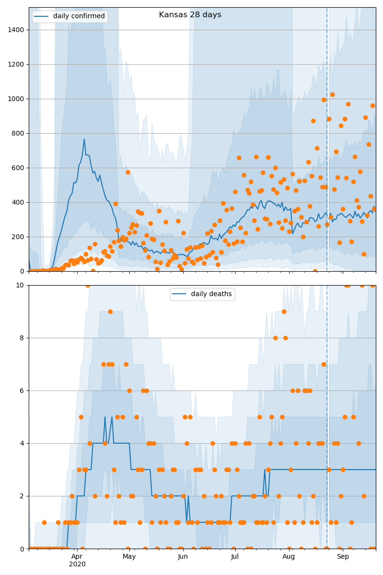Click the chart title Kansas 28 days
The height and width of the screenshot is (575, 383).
[x=190, y=15]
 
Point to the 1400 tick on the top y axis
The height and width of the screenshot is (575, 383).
[x=18, y=30]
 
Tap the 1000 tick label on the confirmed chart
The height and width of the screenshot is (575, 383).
[x=18, y=99]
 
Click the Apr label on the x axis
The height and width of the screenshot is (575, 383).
[x=77, y=557]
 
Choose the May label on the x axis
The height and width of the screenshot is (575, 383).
[x=129, y=557]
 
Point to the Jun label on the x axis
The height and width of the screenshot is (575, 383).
[x=183, y=557]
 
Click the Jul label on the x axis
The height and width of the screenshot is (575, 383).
[x=235, y=557]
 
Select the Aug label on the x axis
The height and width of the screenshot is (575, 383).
[x=289, y=557]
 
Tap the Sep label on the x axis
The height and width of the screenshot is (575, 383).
[x=343, y=557]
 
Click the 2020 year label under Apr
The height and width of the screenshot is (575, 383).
[x=77, y=564]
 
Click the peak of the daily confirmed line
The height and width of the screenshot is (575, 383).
[x=84, y=139]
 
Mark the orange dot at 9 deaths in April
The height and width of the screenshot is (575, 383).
[x=110, y=311]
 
